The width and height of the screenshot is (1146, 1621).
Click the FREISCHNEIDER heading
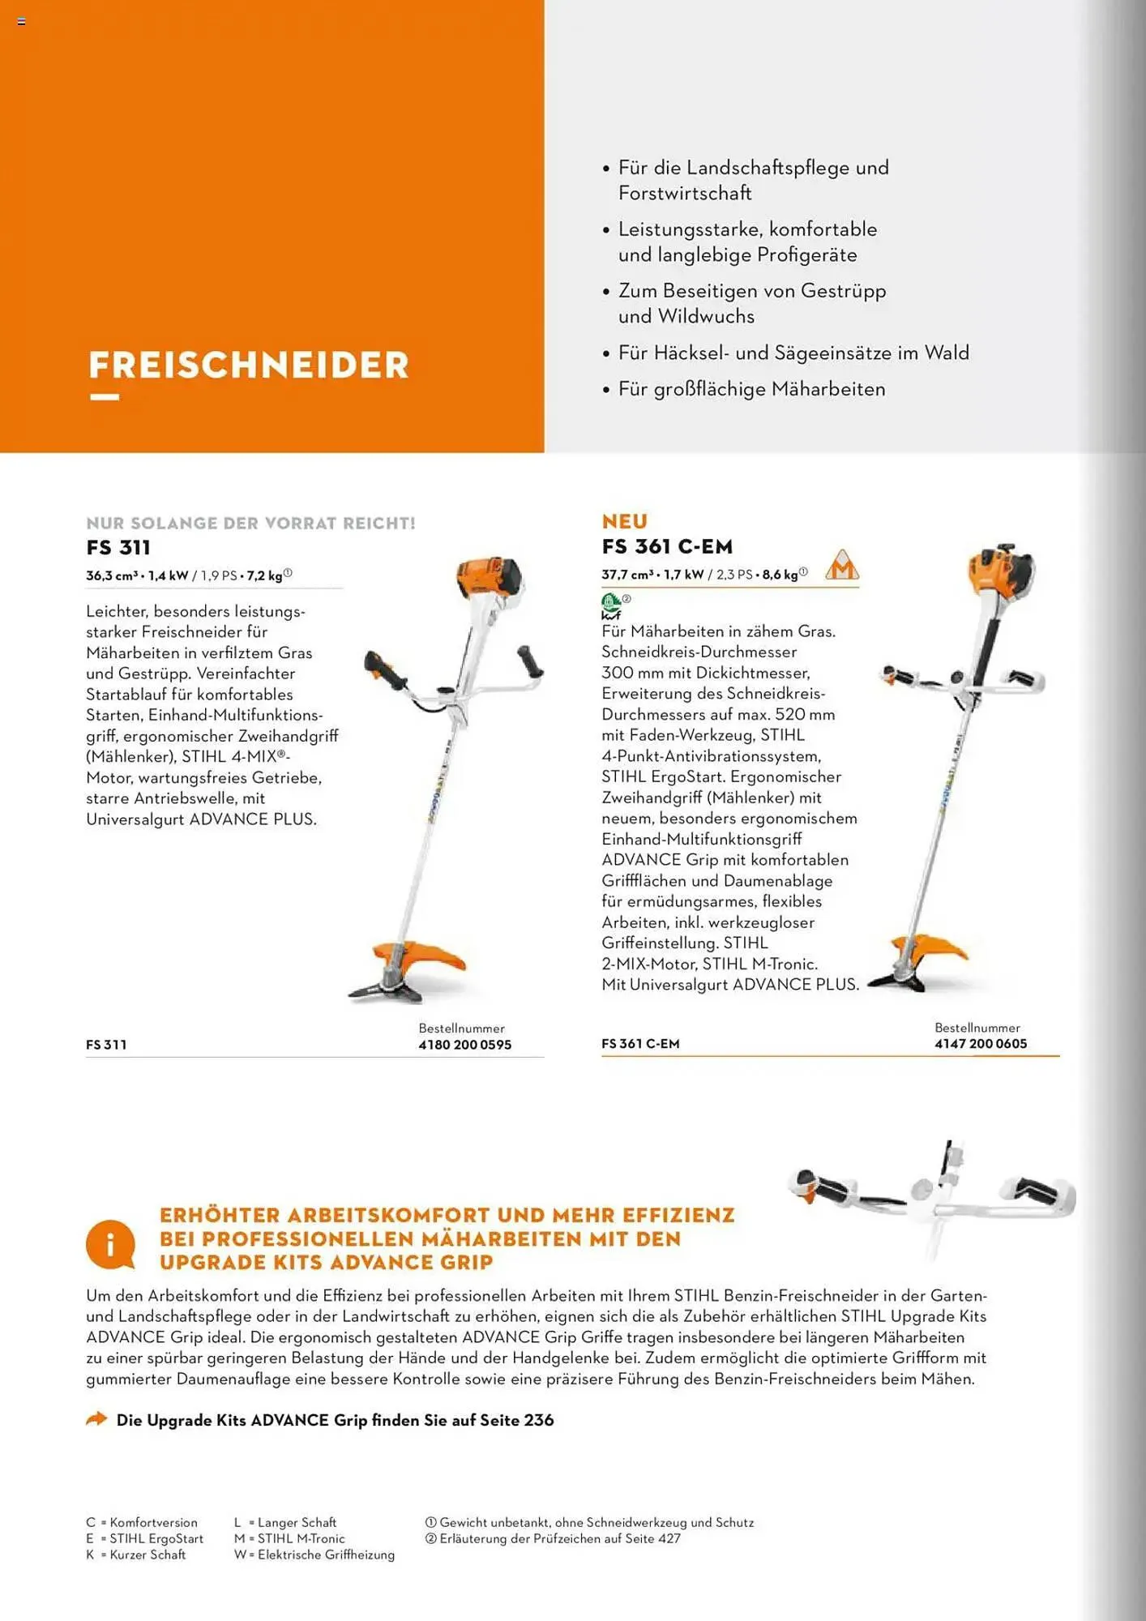(x=248, y=365)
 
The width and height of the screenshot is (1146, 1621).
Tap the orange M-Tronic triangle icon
(x=842, y=566)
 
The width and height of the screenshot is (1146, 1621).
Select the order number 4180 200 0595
(x=464, y=1045)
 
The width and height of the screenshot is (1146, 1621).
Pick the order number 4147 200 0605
(x=980, y=1044)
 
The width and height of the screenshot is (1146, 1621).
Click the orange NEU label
(x=624, y=521)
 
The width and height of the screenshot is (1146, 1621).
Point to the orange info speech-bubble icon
(x=110, y=1244)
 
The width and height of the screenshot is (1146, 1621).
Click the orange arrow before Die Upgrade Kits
(x=96, y=1419)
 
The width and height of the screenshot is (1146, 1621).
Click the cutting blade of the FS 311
(x=385, y=988)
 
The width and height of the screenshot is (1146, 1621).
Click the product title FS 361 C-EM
(x=666, y=547)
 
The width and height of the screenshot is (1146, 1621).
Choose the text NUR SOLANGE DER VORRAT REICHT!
(x=250, y=524)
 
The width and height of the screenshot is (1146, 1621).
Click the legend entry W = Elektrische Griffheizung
(x=314, y=1555)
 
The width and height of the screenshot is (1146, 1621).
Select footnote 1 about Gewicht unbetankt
(x=589, y=1522)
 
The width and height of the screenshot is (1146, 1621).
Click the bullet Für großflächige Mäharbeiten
(x=751, y=389)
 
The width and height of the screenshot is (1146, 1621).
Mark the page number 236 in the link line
(x=538, y=1420)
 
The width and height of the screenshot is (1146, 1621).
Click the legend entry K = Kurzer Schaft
(x=136, y=1555)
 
